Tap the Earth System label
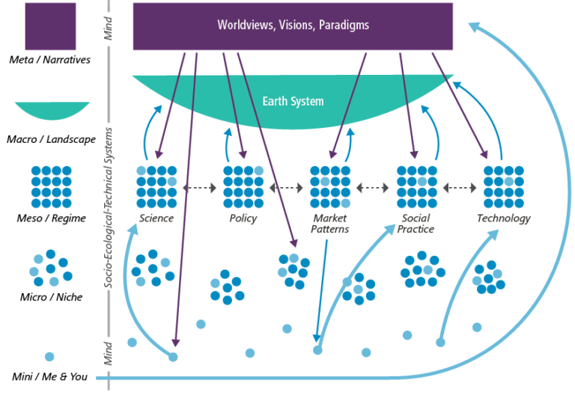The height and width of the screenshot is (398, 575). (293, 101)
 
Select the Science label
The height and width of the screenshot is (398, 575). (156, 218)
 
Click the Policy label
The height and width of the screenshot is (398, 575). (243, 218)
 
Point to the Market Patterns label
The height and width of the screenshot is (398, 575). (330, 224)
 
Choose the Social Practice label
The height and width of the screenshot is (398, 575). (416, 224)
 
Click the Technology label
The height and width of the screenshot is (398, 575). (503, 218)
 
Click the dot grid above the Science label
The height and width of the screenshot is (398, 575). (156, 186)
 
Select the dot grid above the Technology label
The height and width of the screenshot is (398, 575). (503, 186)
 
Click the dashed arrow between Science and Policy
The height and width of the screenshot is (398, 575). (200, 186)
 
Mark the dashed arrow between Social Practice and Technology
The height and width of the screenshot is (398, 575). (460, 186)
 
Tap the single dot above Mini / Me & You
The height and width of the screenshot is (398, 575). (49, 357)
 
